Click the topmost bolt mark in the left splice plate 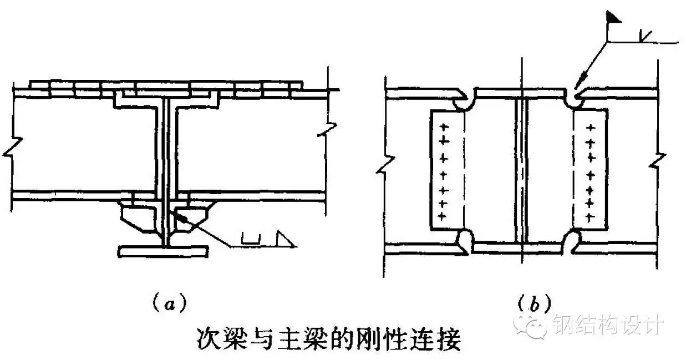443,128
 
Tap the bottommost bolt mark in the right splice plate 591,215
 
